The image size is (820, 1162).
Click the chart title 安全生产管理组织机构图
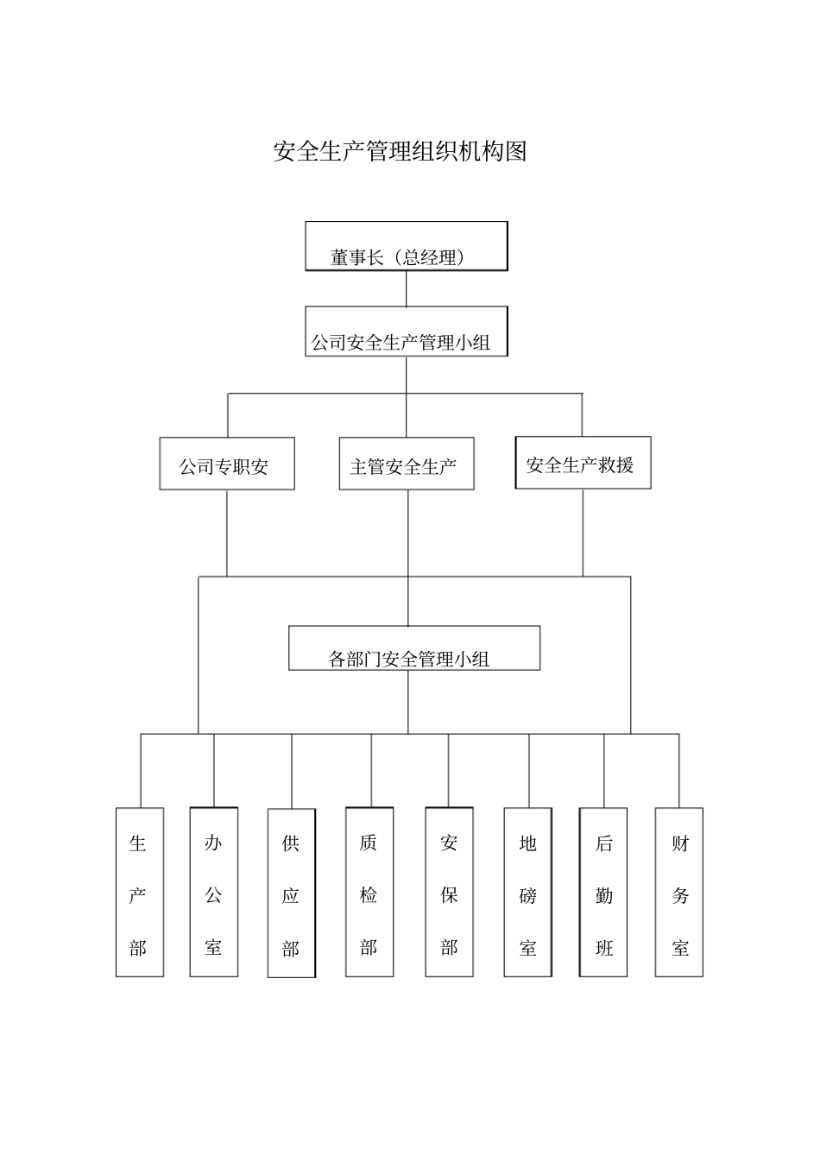tap(400, 152)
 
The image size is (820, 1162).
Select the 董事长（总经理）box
tap(406, 247)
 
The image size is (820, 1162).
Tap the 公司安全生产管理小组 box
tap(406, 332)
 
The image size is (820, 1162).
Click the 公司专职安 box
tap(226, 464)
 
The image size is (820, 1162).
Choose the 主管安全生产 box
tap(406, 464)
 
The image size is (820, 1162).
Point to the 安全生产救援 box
tap(583, 464)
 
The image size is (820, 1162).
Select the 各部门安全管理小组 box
tap(413, 649)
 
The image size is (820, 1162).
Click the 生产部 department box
tap(139, 893)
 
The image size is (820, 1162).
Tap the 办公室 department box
tap(213, 893)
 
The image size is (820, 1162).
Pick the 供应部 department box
tap(291, 894)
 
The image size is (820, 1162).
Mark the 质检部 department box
tap(369, 893)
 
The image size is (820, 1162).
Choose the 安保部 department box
tap(449, 893)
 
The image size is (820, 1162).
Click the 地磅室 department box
tap(527, 893)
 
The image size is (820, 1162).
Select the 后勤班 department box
tap(603, 893)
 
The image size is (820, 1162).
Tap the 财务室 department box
tap(679, 893)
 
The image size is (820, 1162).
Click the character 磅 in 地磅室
tap(527, 896)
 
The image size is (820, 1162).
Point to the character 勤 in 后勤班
tap(603, 896)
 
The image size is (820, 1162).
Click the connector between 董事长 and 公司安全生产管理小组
tap(406, 288)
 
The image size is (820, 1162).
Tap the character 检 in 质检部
tap(369, 896)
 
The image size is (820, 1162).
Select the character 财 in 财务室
tap(680, 843)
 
